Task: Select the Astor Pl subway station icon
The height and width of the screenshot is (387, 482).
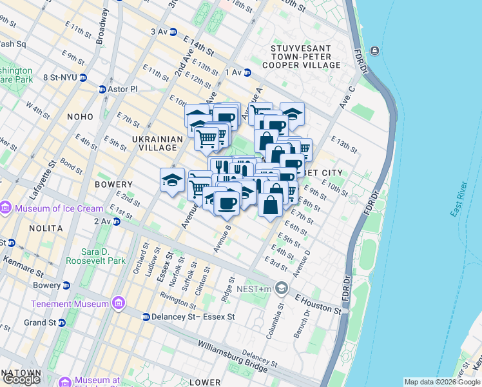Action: [x=102, y=89]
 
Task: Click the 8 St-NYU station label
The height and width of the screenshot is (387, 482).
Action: [x=59, y=77]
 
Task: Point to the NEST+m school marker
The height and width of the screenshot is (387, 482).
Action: [x=281, y=288]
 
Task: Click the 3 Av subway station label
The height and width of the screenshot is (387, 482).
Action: [x=159, y=31]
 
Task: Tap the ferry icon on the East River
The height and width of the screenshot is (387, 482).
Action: [x=374, y=50]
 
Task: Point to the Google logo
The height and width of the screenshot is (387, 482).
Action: [x=21, y=379]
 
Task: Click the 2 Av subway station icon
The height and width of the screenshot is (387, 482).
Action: [x=117, y=221]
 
